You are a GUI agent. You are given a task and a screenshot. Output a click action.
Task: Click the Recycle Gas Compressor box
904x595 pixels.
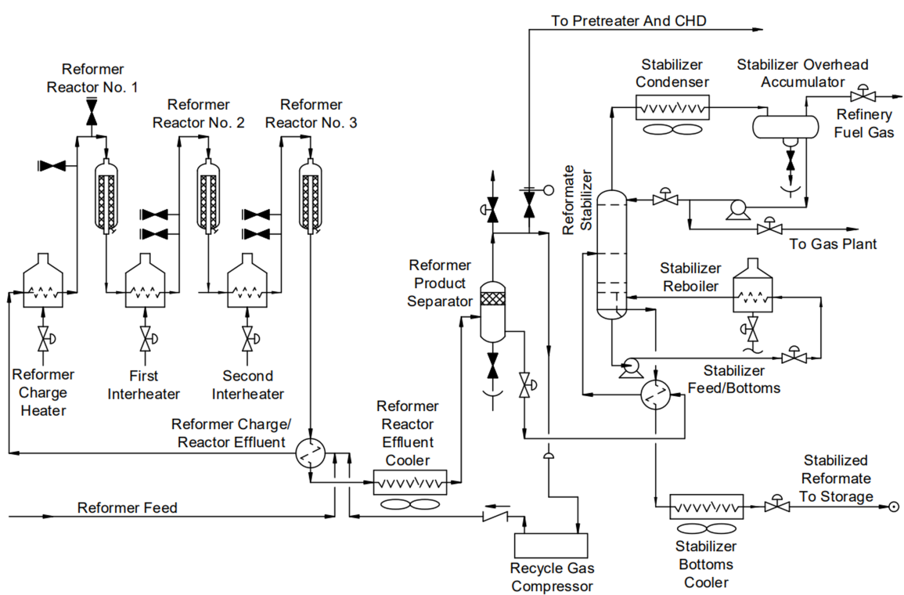[x=551, y=545]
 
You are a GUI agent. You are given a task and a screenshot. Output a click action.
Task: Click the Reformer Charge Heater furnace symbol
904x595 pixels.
[x=43, y=285]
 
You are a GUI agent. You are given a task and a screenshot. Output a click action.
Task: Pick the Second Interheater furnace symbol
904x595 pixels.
[x=247, y=285]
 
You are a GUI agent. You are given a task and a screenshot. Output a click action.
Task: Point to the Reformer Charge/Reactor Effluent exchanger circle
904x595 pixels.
[x=310, y=453]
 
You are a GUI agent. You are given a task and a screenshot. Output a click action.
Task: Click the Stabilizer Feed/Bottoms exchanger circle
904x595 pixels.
[x=655, y=395]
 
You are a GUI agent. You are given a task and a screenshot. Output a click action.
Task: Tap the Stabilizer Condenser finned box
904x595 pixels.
[x=672, y=108]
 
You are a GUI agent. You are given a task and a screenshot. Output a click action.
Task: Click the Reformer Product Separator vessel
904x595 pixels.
[x=493, y=312]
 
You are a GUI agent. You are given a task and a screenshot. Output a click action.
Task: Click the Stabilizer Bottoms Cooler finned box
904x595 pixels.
[x=706, y=506]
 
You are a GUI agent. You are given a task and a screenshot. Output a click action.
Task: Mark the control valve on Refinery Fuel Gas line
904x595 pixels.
[x=863, y=95]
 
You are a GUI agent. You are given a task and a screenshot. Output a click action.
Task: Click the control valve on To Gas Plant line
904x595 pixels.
[x=769, y=228]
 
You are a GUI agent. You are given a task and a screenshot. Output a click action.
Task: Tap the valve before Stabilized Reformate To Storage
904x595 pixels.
[x=777, y=504]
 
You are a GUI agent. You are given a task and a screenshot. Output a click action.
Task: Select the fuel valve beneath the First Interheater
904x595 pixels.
[x=145, y=339]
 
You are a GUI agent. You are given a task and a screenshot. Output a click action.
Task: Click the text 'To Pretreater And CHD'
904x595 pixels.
[x=628, y=21]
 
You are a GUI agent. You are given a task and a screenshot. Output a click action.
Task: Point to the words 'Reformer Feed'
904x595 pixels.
[x=127, y=507]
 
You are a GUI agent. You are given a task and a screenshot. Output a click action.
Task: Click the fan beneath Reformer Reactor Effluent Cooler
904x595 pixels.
[x=410, y=504]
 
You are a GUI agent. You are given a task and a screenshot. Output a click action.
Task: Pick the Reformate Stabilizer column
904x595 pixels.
[x=611, y=255]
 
